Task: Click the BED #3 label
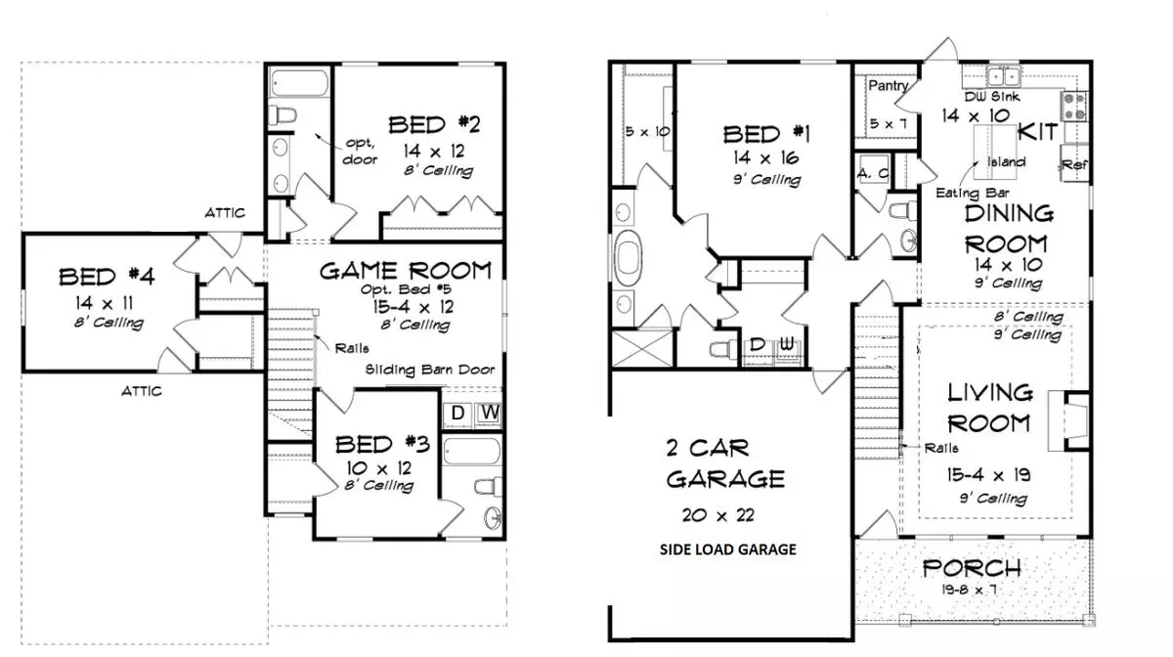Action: [382, 445]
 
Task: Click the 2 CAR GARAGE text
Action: [723, 463]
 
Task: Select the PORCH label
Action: [972, 568]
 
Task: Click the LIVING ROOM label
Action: [989, 408]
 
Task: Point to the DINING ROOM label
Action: [1007, 228]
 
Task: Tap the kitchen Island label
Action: [1007, 161]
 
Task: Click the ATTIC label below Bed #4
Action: [142, 391]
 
